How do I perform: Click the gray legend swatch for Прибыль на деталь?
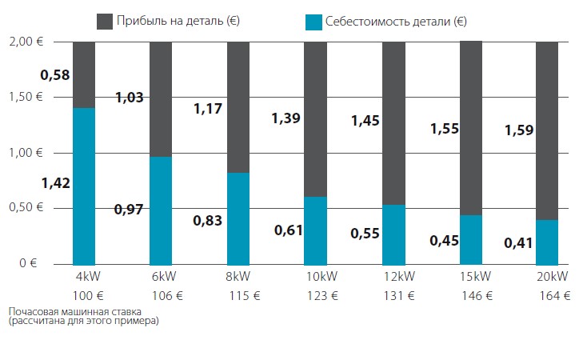click(x=105, y=21)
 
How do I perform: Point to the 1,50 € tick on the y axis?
click(x=27, y=98)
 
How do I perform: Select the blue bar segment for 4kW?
click(x=84, y=186)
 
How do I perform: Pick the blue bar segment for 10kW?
click(x=316, y=230)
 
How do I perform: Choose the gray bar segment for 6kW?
click(x=161, y=98)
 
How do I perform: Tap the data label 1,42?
click(x=56, y=183)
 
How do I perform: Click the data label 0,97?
click(x=128, y=210)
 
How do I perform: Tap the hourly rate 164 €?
click(x=553, y=294)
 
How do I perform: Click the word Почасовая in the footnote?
click(x=31, y=310)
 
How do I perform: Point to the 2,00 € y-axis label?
click(x=27, y=42)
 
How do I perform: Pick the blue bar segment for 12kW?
click(x=393, y=234)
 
